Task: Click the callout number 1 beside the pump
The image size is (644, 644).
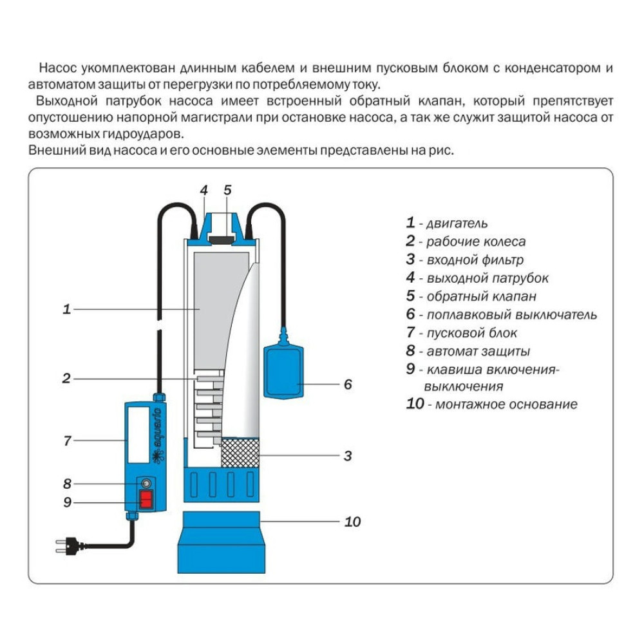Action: [x=66, y=309]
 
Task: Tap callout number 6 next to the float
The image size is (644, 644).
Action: [x=348, y=384]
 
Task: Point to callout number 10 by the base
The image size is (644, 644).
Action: [x=352, y=522]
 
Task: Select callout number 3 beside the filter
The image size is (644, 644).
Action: [x=347, y=456]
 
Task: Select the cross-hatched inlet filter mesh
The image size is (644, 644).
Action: [x=240, y=453]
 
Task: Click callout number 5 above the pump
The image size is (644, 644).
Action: [x=227, y=190]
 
